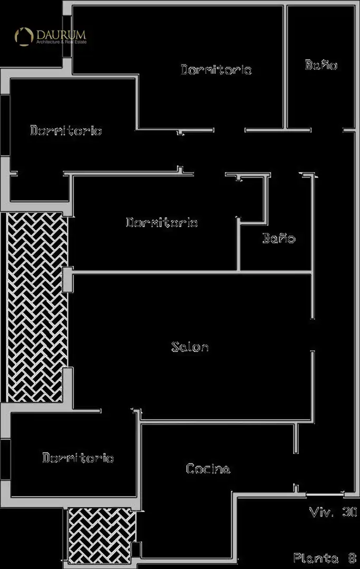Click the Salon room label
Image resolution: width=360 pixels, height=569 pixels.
190,347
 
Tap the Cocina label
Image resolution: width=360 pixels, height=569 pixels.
208,468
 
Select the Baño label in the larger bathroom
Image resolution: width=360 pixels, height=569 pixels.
321,65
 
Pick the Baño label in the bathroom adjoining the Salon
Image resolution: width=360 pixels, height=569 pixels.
279,238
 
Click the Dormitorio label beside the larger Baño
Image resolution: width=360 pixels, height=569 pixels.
216,70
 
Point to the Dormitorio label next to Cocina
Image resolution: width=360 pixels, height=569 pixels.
78,458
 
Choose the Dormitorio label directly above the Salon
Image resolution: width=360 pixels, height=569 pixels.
162,222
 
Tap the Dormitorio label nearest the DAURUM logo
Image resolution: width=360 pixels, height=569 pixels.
66,130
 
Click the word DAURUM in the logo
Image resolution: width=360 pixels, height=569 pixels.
61,35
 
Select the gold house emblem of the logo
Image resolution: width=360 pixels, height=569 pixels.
24,37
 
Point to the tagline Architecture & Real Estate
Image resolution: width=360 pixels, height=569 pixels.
61,42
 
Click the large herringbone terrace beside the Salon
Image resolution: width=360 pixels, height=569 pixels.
37,307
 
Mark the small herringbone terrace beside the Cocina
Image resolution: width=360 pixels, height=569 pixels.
102,535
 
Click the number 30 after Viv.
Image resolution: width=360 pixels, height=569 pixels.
349,512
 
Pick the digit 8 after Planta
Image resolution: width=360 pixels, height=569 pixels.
352,558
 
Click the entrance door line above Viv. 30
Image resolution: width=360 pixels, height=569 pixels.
325,494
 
